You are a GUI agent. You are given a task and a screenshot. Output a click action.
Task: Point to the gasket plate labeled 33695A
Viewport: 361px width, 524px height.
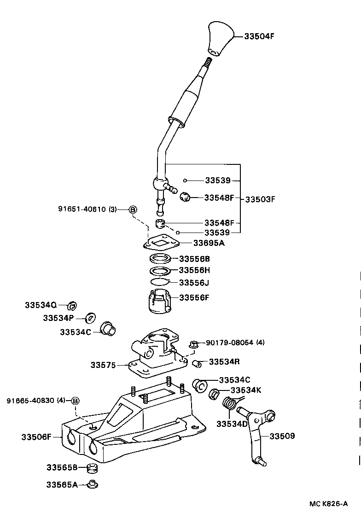pyautogui.click(x=163, y=242)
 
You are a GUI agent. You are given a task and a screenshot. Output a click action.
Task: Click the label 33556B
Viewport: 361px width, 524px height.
pyautogui.click(x=194, y=259)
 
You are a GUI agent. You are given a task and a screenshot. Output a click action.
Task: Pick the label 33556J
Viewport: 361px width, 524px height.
pyautogui.click(x=194, y=282)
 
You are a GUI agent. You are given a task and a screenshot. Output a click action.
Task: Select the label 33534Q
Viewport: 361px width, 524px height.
pyautogui.click(x=41, y=305)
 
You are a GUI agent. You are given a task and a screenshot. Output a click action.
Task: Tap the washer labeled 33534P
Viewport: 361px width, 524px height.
pyautogui.click(x=91, y=317)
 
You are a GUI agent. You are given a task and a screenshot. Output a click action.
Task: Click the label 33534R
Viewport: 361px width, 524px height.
pyautogui.click(x=224, y=362)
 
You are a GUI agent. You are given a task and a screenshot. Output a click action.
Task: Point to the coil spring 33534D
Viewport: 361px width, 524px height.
pyautogui.click(x=230, y=404)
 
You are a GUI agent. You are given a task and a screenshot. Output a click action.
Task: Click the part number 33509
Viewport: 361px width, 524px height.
pyautogui.click(x=282, y=436)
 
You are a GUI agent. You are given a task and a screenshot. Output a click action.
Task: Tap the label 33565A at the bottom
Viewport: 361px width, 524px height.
pyautogui.click(x=62, y=484)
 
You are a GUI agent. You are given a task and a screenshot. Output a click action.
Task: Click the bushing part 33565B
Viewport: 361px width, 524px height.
pyautogui.click(x=93, y=469)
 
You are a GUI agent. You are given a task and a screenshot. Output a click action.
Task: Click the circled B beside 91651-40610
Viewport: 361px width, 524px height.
pyautogui.click(x=132, y=209)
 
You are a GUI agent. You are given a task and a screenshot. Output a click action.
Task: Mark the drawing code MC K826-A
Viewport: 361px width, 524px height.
pyautogui.click(x=328, y=504)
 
